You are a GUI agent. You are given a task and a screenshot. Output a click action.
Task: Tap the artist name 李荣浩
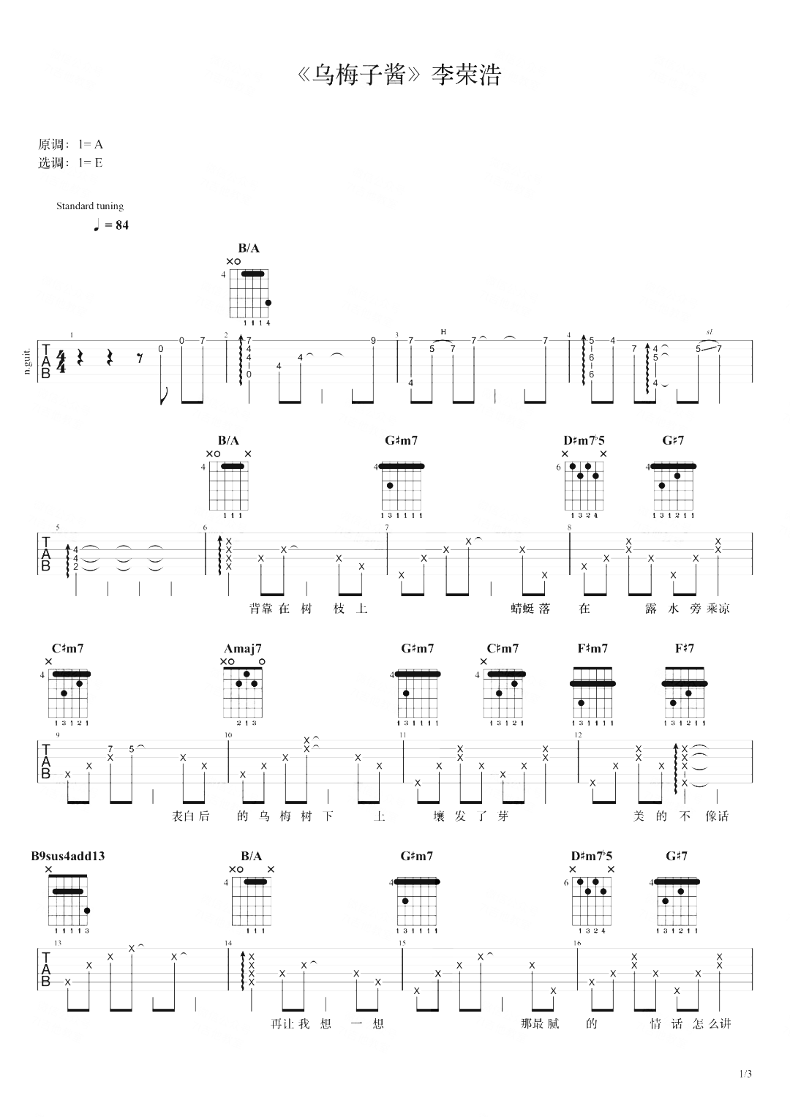(x=466, y=75)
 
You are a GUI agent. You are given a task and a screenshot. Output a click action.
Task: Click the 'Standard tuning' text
(x=90, y=206)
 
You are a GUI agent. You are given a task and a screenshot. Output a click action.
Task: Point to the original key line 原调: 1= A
(x=70, y=145)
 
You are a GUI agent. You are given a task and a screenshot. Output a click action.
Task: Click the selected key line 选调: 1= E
(x=70, y=163)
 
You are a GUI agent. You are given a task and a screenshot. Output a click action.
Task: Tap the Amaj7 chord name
(x=243, y=649)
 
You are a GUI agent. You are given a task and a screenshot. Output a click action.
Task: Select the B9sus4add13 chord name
(x=68, y=856)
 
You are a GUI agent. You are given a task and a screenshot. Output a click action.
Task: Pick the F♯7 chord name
(x=684, y=649)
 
